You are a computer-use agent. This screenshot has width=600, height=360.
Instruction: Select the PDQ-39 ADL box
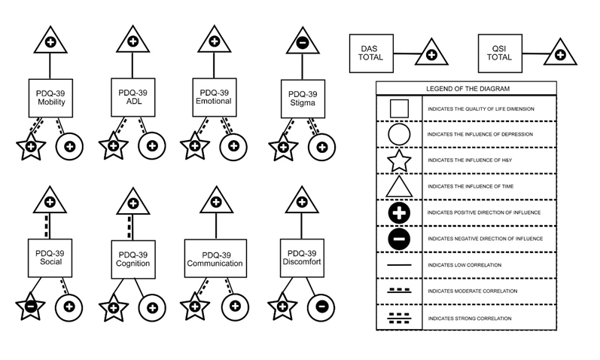point(132,97)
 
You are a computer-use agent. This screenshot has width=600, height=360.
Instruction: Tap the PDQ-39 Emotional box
point(214,97)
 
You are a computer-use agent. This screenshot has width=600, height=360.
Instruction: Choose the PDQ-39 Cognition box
point(133,259)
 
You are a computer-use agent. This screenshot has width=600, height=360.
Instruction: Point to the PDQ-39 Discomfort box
point(301,258)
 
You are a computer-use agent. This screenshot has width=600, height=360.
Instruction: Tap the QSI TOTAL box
point(500,53)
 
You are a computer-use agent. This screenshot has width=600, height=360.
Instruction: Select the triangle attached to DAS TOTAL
point(431,53)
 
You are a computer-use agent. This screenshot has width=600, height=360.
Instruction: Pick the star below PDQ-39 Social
point(31,307)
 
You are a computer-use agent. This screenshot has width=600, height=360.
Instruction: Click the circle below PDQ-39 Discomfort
point(321,307)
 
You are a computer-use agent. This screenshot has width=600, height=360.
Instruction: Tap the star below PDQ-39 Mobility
point(31,147)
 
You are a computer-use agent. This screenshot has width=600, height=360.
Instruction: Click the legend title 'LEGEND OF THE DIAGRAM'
point(465,88)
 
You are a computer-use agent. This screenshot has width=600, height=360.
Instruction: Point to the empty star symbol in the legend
point(398,160)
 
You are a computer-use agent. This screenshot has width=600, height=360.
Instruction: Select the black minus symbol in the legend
point(399,239)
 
